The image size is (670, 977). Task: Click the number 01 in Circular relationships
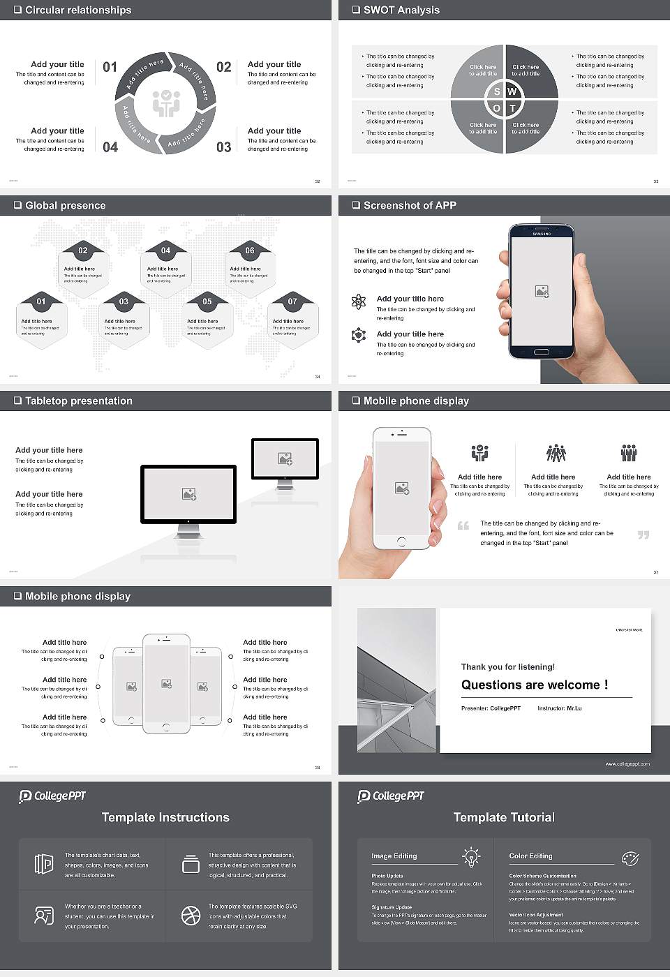pos(110,67)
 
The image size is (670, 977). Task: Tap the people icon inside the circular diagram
pos(166,103)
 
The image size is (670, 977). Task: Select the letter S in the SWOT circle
pos(497,91)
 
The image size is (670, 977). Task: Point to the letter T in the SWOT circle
pos(512,108)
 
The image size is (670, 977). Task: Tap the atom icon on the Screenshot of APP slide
pos(359,301)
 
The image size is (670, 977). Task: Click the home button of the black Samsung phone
pos(542,353)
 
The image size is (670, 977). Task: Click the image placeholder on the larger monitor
pos(188,494)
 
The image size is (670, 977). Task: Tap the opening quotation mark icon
pos(463,525)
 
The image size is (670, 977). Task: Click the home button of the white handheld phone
pos(401,541)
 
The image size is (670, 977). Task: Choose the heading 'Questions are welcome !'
pos(534,685)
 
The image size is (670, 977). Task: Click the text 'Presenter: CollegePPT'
pos(491,708)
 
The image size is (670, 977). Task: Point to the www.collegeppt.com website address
pos(627,763)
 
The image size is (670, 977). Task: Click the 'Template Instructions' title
pos(165,817)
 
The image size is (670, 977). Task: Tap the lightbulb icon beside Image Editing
pos(471,856)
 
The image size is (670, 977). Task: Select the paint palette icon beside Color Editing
pos(630,858)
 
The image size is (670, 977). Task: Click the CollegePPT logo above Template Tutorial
pos(391,796)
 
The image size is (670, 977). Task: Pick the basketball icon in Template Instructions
pos(191,916)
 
